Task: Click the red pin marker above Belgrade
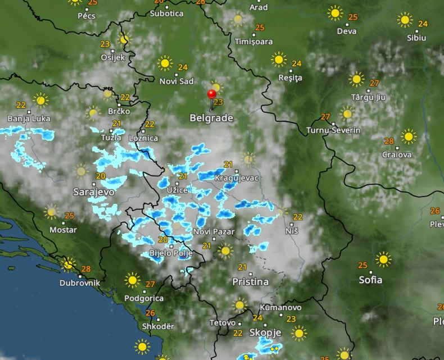point(212,95)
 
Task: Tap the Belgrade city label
point(211,119)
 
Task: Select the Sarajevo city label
point(94,192)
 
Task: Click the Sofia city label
point(370,280)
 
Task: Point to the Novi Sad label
point(176,81)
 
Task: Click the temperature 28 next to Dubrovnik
point(86,269)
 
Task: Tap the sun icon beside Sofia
point(384,259)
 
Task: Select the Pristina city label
point(251,281)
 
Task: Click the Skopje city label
point(265,332)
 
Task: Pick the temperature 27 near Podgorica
point(150,284)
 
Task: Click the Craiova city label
point(397,154)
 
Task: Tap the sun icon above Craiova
point(409,136)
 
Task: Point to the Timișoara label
point(253,42)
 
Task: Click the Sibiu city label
point(416,38)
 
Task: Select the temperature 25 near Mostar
point(70,215)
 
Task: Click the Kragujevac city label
point(237,178)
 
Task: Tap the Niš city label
point(292,231)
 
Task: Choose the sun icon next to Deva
point(336,13)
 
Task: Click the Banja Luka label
point(29,119)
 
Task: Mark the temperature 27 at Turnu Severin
point(325,117)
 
